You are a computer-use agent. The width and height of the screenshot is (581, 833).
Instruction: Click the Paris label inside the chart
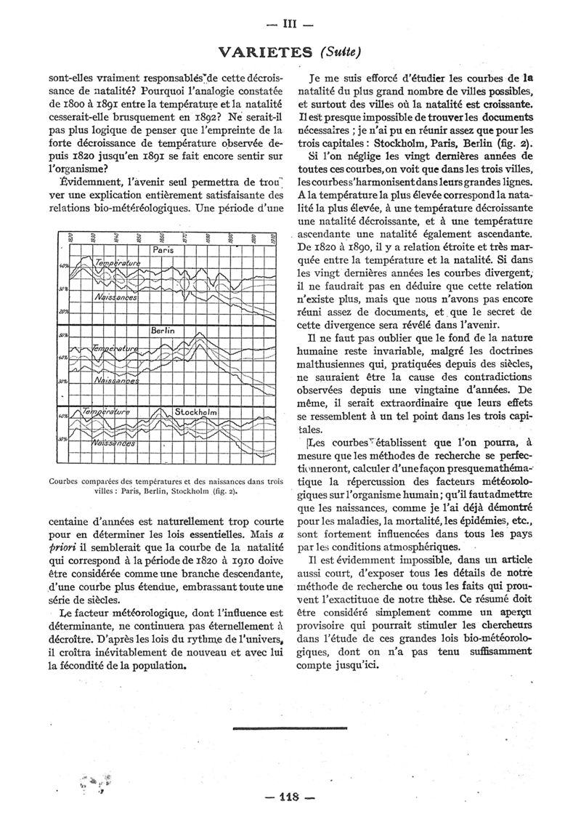pos(161,249)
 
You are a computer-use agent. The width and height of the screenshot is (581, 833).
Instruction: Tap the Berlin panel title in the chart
pos(163,331)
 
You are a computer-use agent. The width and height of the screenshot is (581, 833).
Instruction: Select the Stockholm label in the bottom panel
pos(196,411)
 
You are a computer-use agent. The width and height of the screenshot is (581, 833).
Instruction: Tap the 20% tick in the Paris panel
pos(62,310)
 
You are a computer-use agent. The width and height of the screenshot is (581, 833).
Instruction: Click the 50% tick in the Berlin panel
pos(62,335)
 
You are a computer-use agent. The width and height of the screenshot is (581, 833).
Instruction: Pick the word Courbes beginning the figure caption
pos(66,480)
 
